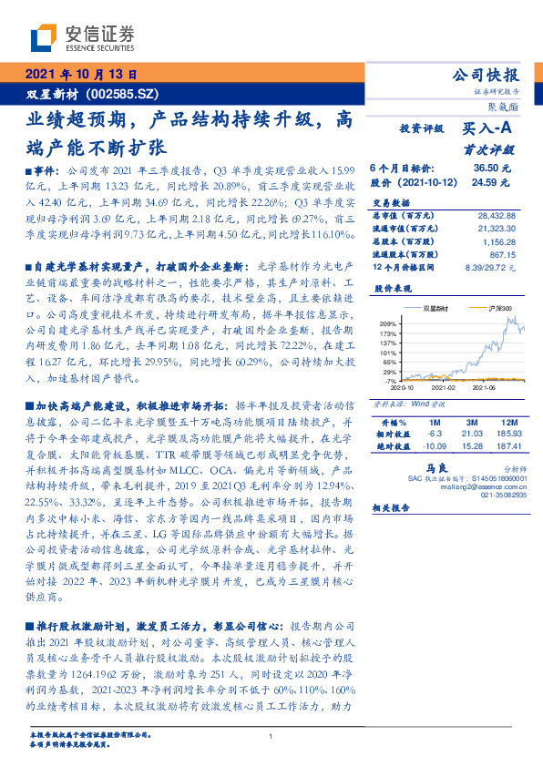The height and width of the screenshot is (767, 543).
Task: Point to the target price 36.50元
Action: pos(491,169)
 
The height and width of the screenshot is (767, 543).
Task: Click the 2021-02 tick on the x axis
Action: pos(444,385)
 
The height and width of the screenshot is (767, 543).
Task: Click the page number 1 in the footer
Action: pos(271,736)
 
